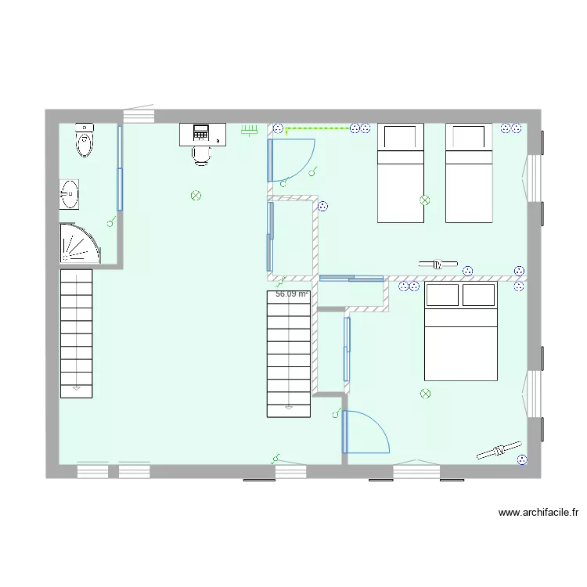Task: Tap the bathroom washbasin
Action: (70, 193)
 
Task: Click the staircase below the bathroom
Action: (76, 333)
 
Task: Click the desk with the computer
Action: (203, 134)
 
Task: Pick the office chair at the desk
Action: (202, 154)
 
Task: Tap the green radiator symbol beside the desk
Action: (250, 131)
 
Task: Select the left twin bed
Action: (401, 172)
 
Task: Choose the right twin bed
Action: (469, 172)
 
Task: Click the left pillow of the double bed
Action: (442, 295)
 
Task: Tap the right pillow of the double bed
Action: (478, 295)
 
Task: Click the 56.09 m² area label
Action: (292, 294)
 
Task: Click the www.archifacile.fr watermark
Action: (538, 513)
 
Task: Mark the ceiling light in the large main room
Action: (196, 195)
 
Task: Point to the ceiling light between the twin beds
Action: (425, 200)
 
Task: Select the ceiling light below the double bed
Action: (425, 393)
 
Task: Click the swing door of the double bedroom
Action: (366, 432)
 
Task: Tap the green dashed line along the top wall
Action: (317, 128)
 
